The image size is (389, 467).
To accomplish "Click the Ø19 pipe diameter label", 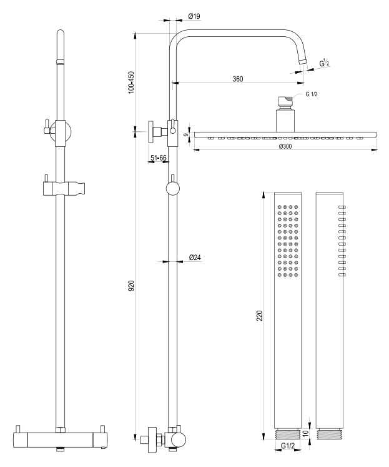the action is [x=194, y=16].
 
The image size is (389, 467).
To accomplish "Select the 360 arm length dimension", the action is [x=238, y=79].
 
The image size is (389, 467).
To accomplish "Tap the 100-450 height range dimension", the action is [x=131, y=82].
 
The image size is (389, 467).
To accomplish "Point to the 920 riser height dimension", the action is [x=131, y=286].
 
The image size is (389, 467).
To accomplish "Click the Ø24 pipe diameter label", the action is [x=195, y=257].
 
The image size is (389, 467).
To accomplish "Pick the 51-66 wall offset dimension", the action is [x=158, y=158].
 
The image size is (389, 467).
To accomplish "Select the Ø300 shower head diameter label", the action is [x=285, y=146].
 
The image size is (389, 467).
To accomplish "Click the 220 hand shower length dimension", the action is [x=260, y=316].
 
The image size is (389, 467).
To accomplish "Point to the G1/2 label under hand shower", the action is [x=288, y=446].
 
